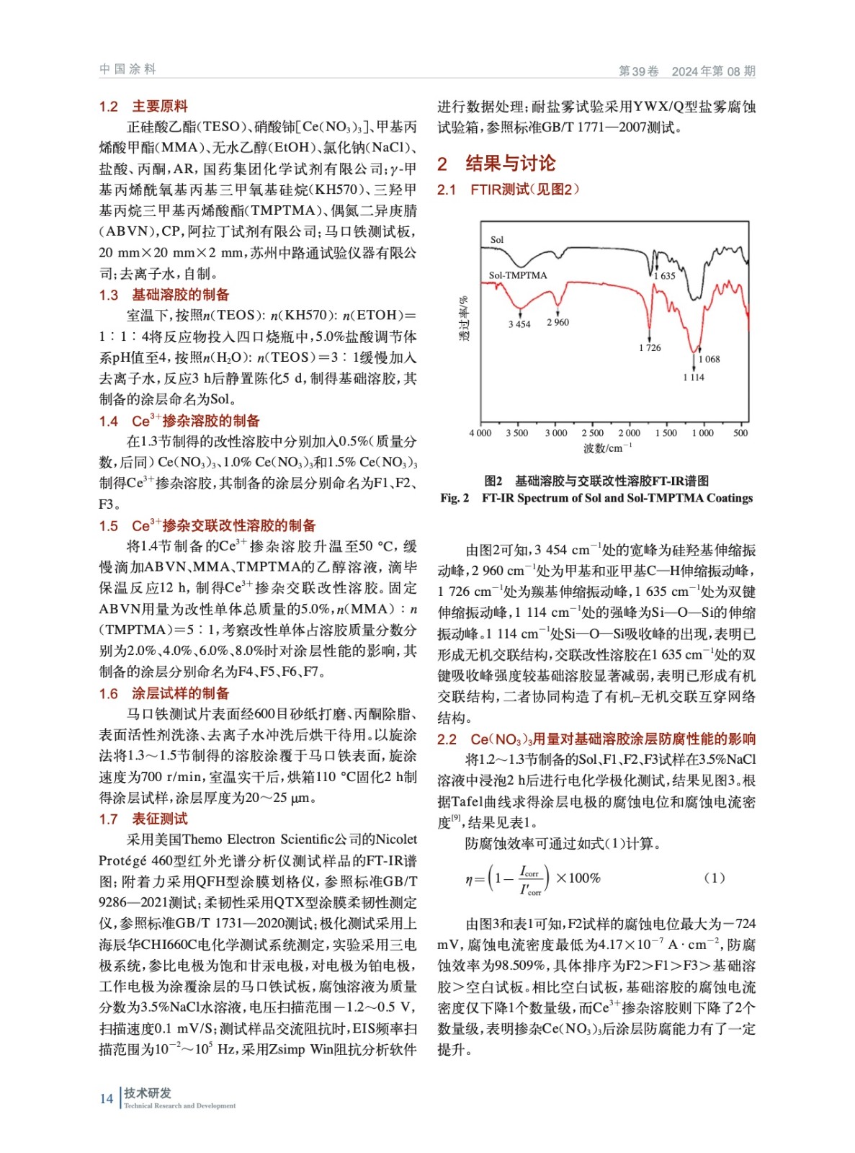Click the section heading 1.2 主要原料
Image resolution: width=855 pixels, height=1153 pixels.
(x=143, y=107)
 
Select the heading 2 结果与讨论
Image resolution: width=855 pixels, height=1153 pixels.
(x=496, y=164)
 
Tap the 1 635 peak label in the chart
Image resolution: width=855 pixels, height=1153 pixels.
(x=665, y=276)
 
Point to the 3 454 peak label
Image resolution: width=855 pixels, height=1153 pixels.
(x=519, y=324)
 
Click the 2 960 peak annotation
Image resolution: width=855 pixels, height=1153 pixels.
(x=558, y=322)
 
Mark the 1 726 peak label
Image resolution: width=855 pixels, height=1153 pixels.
(x=650, y=348)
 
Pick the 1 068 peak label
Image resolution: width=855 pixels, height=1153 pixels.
(x=709, y=359)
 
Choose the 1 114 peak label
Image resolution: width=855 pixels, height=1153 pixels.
(x=694, y=377)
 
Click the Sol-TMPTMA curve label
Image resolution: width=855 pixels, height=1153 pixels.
(x=518, y=275)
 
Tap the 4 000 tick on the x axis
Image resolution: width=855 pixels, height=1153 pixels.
(x=480, y=433)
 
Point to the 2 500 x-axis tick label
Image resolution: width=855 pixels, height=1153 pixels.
(x=593, y=433)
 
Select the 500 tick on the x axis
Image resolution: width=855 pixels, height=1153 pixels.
(x=740, y=433)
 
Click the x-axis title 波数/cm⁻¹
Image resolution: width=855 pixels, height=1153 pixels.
(x=608, y=448)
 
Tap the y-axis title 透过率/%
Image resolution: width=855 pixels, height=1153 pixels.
(x=464, y=318)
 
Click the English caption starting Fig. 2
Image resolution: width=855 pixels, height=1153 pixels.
(x=596, y=498)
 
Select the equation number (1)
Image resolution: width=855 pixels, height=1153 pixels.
(x=714, y=878)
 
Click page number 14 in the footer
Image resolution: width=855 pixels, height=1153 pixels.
(x=107, y=1099)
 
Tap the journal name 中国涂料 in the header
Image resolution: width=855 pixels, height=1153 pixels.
(x=127, y=69)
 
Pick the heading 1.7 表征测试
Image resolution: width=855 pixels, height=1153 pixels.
(x=143, y=819)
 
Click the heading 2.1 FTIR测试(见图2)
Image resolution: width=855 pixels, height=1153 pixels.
(x=508, y=190)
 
